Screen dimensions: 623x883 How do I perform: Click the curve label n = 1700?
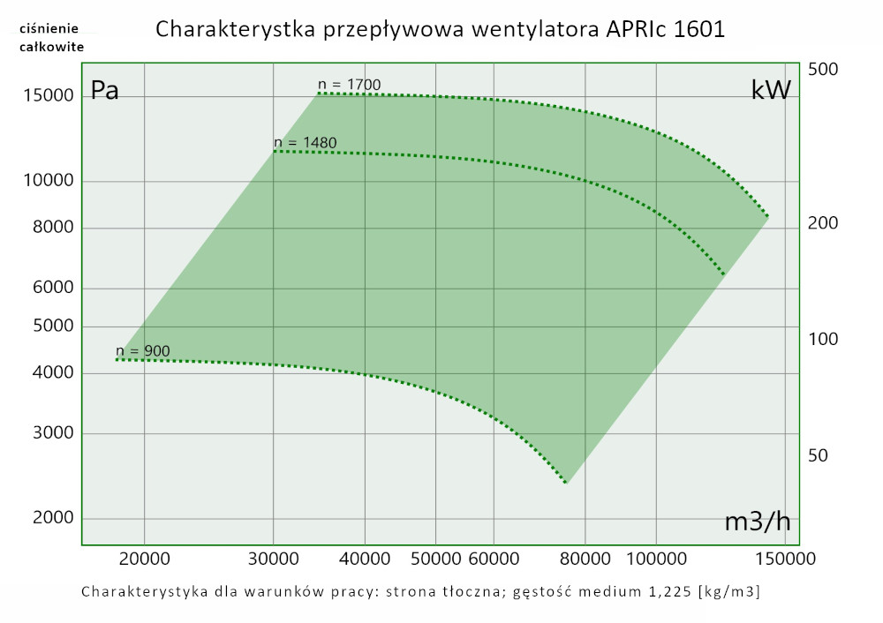[350, 85]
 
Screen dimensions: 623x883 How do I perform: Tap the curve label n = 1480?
[306, 142]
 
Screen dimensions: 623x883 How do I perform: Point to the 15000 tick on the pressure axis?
[47, 95]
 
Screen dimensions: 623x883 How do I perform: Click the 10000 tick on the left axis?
[47, 181]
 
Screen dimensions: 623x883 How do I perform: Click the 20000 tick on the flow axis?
[144, 559]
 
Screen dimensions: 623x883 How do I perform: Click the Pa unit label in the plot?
[105, 92]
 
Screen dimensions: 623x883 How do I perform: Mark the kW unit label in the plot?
[770, 90]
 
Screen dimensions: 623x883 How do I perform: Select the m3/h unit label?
[757, 522]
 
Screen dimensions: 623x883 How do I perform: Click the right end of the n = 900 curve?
[566, 483]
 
